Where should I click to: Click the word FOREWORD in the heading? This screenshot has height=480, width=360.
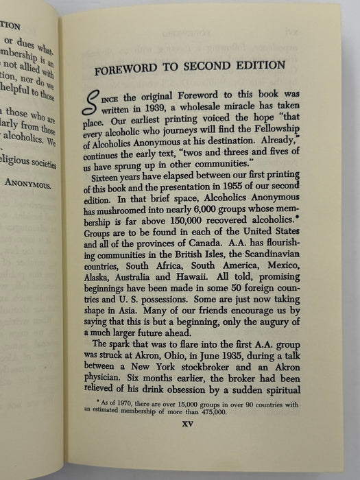(125, 67)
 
